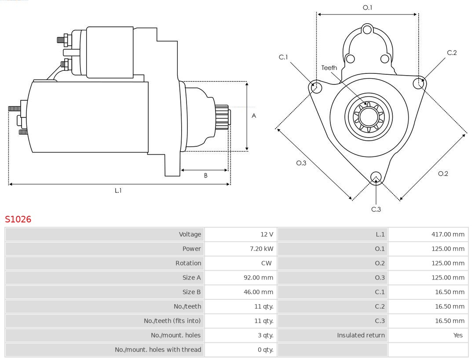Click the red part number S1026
click(x=18, y=219)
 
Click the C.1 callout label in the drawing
click(x=283, y=57)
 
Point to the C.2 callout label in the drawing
click(x=452, y=53)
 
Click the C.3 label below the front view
click(x=376, y=209)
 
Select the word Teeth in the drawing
click(x=329, y=68)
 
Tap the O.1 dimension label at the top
click(x=367, y=7)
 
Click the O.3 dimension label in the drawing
click(x=301, y=163)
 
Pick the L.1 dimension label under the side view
click(x=118, y=190)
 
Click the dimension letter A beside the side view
click(x=254, y=116)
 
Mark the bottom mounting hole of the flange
click(x=376, y=177)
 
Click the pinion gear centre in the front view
click(x=369, y=117)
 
